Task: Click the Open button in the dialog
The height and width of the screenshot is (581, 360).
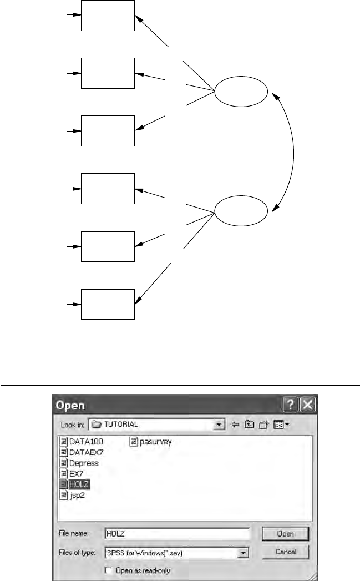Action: [285, 533]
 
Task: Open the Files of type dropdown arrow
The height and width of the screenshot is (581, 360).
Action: [242, 553]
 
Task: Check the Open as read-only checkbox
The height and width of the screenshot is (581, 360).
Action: [108, 570]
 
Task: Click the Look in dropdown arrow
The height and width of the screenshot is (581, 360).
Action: [220, 424]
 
